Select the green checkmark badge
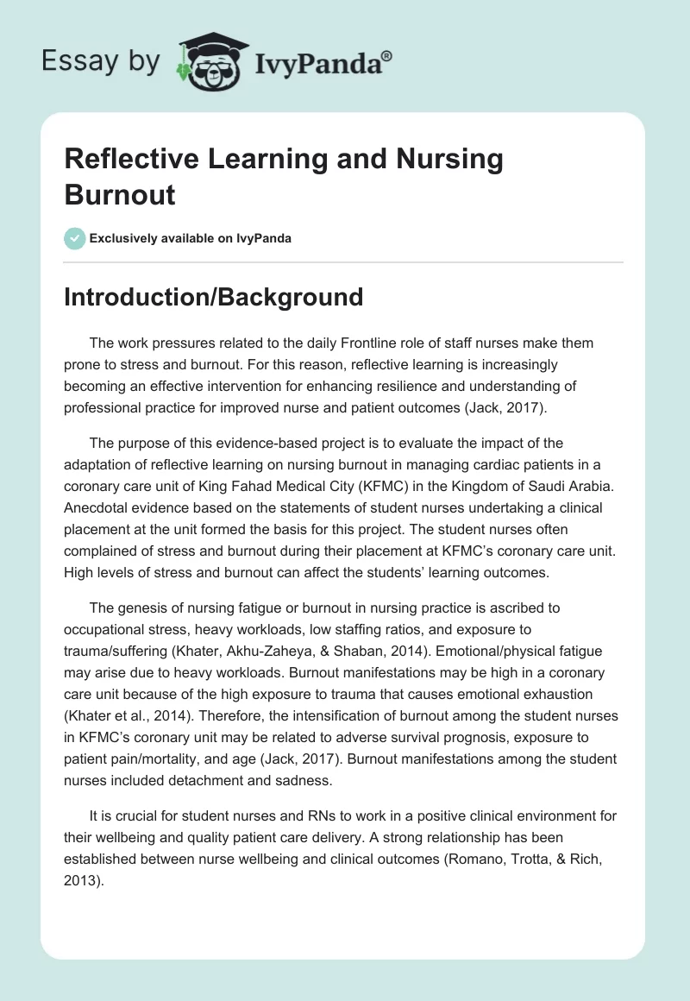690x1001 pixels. coord(75,238)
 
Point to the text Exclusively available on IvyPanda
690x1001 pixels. coord(190,238)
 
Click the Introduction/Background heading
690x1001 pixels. coord(214,297)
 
